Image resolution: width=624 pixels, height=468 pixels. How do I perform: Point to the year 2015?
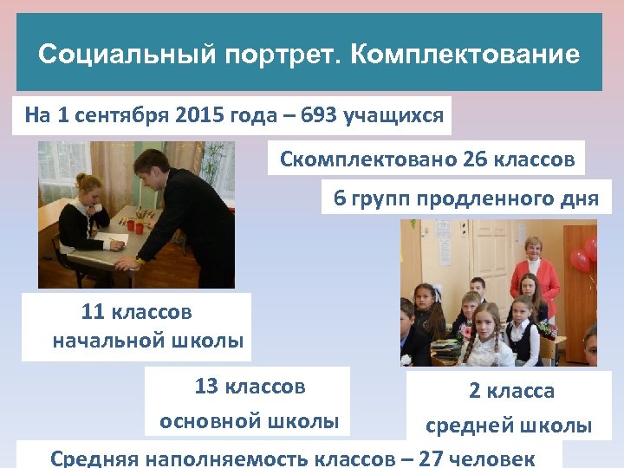(198, 115)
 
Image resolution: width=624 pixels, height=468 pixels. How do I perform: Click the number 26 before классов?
(476, 159)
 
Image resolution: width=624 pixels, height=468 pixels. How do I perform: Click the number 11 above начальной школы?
(93, 312)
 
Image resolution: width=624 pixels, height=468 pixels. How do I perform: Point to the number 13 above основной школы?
(207, 386)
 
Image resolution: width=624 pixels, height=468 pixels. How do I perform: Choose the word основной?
(211, 422)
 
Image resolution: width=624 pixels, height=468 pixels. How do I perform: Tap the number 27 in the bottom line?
(431, 458)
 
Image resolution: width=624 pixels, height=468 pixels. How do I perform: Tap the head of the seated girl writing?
(90, 188)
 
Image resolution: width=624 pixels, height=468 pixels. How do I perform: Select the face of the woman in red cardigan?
(533, 250)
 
